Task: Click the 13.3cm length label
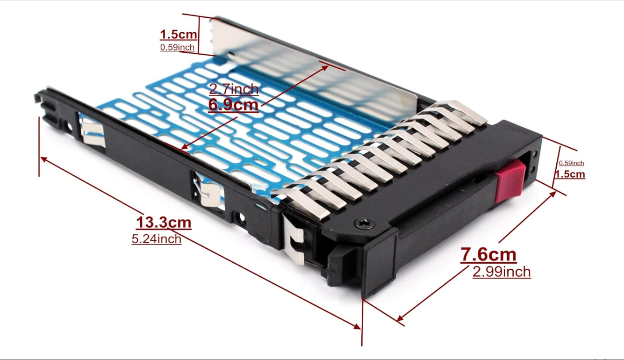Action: (164, 223)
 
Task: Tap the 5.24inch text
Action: (156, 239)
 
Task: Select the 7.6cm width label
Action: (488, 255)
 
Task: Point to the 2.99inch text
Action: (502, 272)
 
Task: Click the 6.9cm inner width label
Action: (233, 105)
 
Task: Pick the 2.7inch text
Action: (234, 89)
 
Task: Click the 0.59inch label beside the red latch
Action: (571, 163)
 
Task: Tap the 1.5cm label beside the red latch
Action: (570, 174)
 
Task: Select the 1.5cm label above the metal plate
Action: (178, 35)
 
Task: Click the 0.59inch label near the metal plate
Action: (177, 47)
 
